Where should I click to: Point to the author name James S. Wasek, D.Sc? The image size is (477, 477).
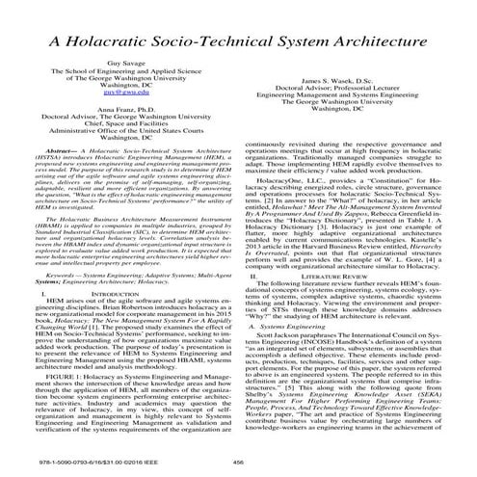357,109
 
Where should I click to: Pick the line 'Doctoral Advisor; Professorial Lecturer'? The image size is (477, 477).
357,119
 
